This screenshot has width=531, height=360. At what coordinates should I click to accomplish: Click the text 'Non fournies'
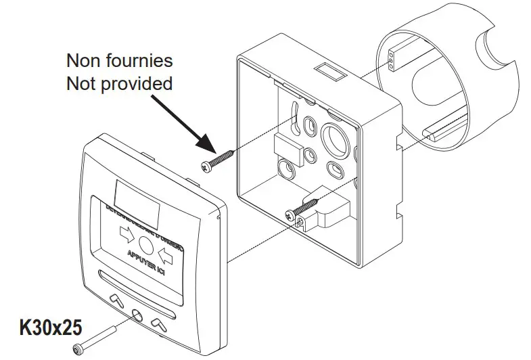pyautogui.click(x=119, y=60)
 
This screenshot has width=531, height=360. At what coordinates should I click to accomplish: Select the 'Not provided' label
pyautogui.click(x=119, y=83)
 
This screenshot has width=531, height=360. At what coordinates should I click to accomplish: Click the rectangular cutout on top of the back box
pyautogui.click(x=327, y=70)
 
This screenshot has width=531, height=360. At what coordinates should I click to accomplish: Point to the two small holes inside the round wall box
pyautogui.click(x=390, y=64)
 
